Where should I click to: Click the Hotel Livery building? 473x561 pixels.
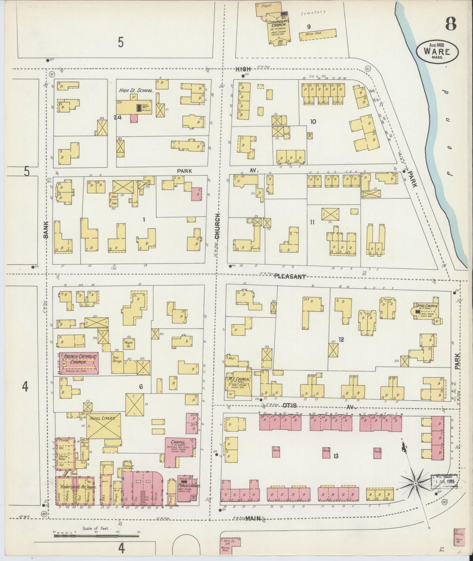coord(103,425)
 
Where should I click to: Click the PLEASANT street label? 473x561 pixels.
coord(290,277)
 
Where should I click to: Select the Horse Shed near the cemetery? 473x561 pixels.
coord(318,35)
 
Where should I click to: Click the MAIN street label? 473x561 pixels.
coord(254,518)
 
